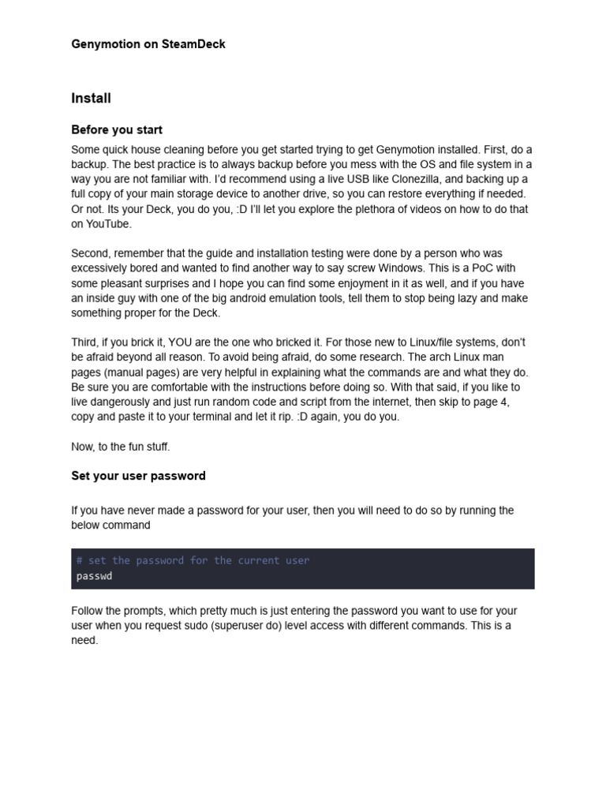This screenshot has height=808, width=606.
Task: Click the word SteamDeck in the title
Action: click(x=193, y=44)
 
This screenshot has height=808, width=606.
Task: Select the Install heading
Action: click(x=91, y=99)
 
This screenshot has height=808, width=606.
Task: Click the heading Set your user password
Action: click(x=138, y=476)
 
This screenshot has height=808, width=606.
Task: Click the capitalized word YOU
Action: click(x=184, y=342)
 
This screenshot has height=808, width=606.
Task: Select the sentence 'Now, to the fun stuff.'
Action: click(x=121, y=447)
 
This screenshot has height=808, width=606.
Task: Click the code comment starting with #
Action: click(x=193, y=560)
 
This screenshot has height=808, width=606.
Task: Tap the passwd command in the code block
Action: click(x=94, y=576)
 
